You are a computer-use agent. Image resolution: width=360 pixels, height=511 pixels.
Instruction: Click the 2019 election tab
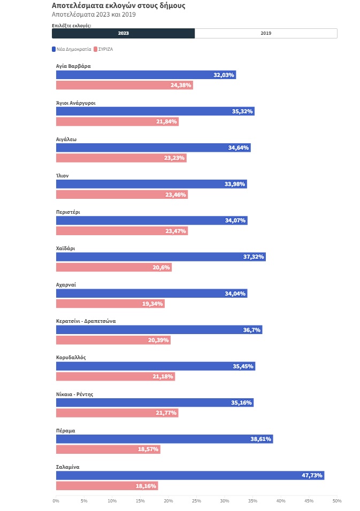[x=266, y=33]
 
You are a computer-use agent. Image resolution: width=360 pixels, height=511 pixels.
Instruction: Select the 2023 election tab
[x=123, y=33]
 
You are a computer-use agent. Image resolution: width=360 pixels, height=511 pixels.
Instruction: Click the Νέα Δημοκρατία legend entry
[x=71, y=49]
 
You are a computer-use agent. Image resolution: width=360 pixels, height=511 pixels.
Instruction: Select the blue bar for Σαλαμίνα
[x=190, y=476]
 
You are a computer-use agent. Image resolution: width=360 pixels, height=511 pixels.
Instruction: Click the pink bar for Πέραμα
[x=108, y=450]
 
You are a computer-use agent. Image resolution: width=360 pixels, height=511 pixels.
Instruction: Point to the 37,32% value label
[x=254, y=257]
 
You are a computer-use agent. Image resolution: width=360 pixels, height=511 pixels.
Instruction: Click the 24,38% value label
[x=181, y=86]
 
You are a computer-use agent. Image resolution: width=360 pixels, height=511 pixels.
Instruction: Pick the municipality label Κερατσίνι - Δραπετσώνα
[x=86, y=321]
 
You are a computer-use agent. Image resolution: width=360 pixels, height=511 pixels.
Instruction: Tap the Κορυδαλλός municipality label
[x=71, y=358]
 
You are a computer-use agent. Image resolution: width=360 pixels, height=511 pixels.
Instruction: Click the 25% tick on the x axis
[x=196, y=501]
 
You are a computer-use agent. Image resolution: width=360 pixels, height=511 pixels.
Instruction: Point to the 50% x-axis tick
[x=337, y=501]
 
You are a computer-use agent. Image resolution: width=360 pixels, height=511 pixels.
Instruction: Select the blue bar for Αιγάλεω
[x=153, y=148]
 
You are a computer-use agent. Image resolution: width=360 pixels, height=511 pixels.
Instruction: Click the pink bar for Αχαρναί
[x=110, y=304]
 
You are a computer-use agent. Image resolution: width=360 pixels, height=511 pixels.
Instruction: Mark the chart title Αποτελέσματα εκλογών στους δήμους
[x=118, y=5]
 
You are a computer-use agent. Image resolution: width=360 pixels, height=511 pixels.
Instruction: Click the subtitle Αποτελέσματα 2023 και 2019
[x=94, y=14]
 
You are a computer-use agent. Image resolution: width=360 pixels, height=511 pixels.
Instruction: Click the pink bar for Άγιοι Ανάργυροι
[x=117, y=122]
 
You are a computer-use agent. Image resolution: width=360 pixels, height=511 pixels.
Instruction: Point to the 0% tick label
[x=56, y=501]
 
